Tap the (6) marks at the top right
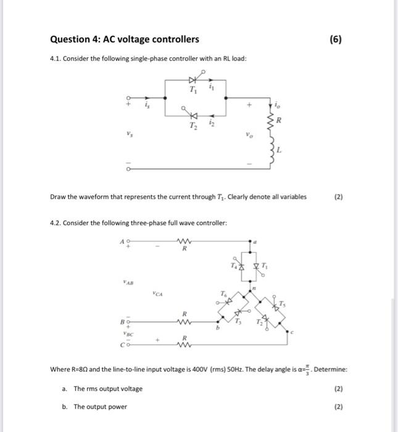336,39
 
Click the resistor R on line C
183,344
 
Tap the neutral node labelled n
254,288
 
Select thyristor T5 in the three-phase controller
279,305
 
